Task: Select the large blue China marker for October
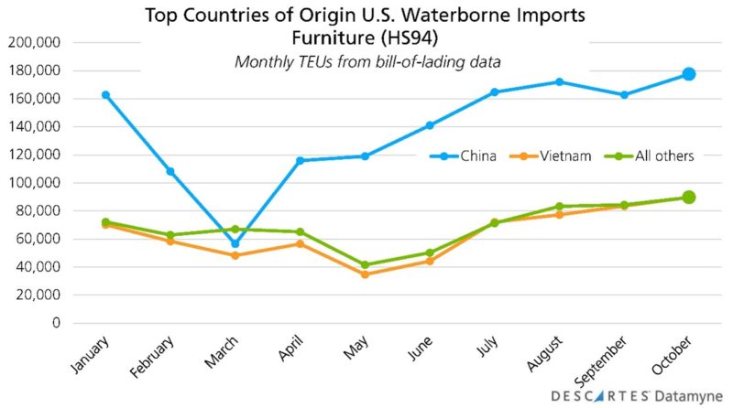pos(688,74)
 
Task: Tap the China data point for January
pos(105,95)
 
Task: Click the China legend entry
pos(464,156)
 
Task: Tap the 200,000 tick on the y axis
pos(33,42)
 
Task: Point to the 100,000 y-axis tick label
pos(33,183)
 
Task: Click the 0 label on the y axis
pos(56,323)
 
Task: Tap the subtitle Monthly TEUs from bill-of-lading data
pos(365,61)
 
